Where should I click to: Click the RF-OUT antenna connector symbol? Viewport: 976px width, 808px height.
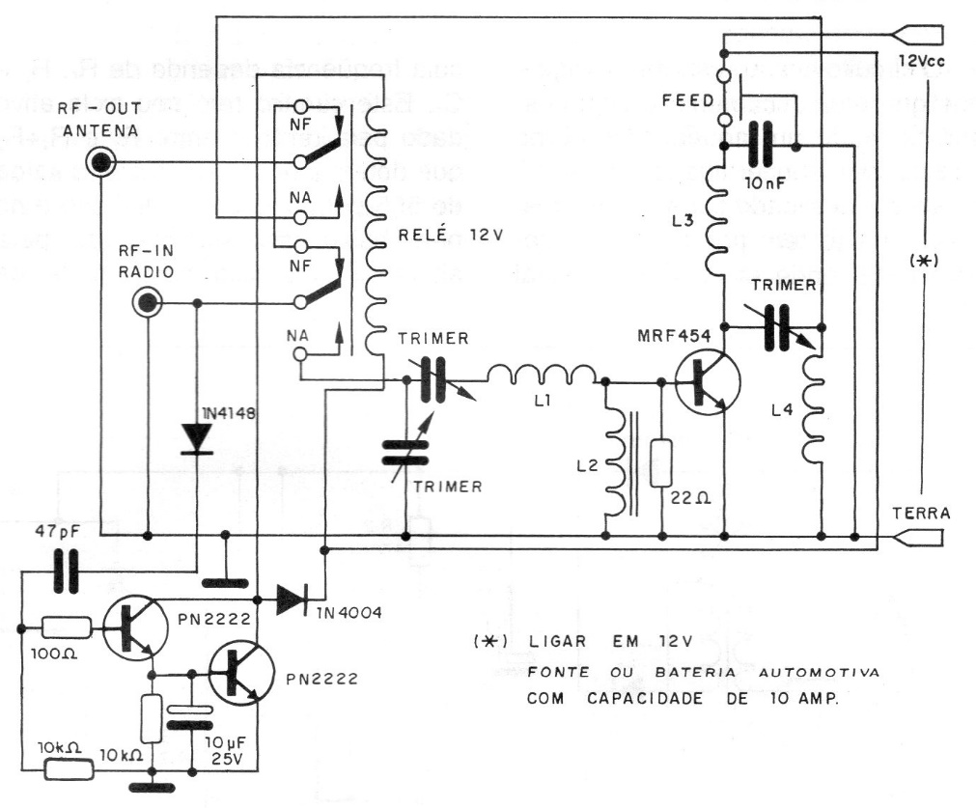[x=99, y=164]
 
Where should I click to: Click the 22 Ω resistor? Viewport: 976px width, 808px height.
[x=663, y=463]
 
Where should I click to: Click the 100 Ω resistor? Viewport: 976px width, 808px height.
[x=67, y=627]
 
